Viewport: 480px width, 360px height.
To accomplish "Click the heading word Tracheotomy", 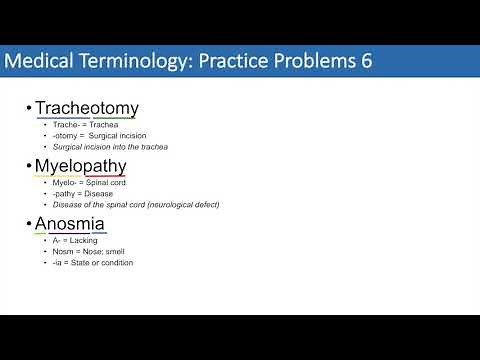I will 86,108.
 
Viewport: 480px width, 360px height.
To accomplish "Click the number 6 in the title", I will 367,61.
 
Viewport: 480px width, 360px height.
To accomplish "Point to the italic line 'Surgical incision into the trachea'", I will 112,147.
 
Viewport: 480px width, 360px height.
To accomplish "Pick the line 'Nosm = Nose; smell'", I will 87,251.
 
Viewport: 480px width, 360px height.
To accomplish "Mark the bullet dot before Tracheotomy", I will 27,109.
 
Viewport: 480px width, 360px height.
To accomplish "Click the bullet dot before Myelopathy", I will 27,167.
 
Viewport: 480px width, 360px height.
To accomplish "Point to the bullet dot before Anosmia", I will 27,225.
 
